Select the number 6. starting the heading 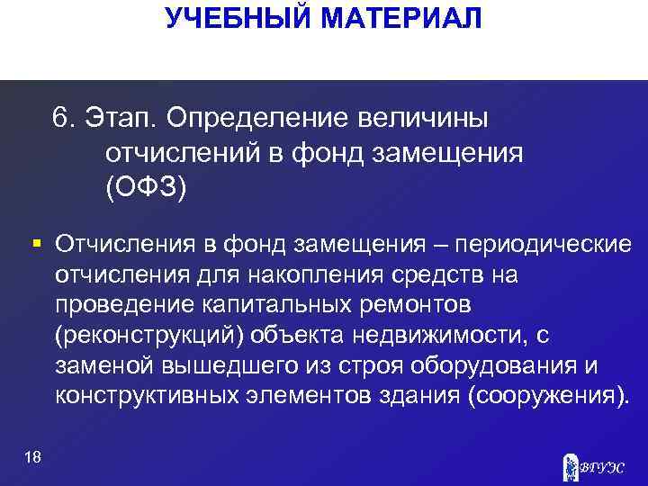point(65,119)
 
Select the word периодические point(543,245)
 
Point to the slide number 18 point(33,458)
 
